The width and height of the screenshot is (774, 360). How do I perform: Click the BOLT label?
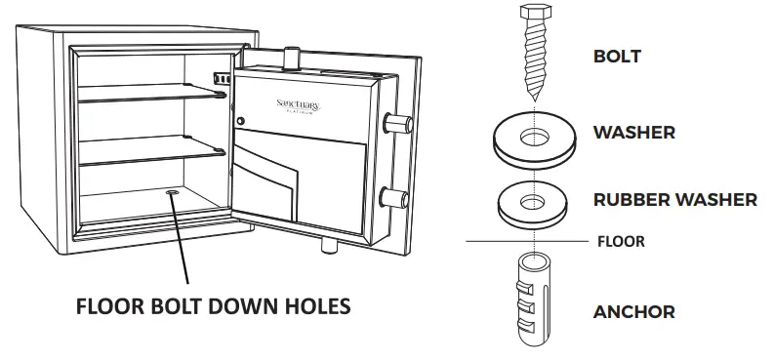(617, 56)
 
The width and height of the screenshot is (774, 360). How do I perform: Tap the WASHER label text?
(633, 132)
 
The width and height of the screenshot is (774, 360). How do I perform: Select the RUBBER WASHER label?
(674, 199)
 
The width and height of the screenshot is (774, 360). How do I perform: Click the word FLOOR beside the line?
(620, 241)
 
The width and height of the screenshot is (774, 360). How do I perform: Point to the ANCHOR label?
(633, 312)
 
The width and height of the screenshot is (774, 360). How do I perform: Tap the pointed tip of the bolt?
(533, 98)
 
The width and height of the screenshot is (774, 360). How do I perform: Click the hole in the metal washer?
(533, 134)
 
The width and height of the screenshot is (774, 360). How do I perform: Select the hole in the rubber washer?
(533, 201)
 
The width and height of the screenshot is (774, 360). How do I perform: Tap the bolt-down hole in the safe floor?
(174, 195)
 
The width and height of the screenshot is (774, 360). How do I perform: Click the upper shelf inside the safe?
(151, 95)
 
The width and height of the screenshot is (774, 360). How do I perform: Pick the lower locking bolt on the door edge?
(396, 194)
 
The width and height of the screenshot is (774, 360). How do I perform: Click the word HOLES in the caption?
(316, 306)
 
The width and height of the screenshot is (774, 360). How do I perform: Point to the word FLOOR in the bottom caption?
(113, 306)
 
